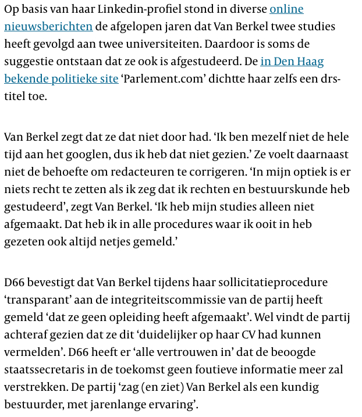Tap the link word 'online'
pyautogui.click(x=286, y=10)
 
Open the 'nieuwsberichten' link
pyautogui.click(x=48, y=27)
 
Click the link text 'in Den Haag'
pyautogui.click(x=292, y=62)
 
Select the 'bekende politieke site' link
pyautogui.click(x=61, y=79)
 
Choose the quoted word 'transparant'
pyautogui.click(x=40, y=300)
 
